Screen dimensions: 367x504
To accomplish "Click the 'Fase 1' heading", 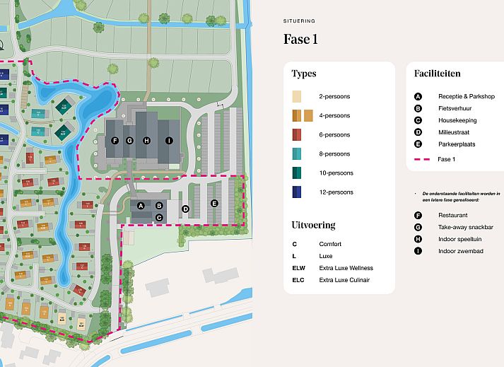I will tap(300, 39).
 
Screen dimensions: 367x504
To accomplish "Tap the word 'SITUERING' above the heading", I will tap(299, 21).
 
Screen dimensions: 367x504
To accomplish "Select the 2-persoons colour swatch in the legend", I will tap(298, 96).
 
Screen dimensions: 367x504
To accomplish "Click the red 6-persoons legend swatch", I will tap(298, 134).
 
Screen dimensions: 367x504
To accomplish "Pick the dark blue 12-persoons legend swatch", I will tap(298, 192).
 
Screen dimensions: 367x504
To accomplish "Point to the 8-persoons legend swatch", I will tap(298, 153).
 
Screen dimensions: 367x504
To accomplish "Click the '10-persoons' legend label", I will tap(336, 173).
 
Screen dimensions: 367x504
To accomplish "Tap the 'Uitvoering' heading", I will tap(313, 225).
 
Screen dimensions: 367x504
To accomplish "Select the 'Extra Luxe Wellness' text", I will tap(346, 268).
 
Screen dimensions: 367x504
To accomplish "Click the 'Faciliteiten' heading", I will tap(438, 73).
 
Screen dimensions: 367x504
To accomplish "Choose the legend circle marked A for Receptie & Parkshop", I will tap(418, 96).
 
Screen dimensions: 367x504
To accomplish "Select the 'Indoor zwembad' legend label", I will tap(461, 251).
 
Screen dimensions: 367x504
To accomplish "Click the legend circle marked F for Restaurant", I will tap(418, 215).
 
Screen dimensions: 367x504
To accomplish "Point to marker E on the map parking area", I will tap(215, 204).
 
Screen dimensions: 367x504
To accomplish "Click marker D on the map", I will tap(185, 209).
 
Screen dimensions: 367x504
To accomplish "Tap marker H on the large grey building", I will tap(146, 141).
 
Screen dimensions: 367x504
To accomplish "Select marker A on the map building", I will tap(141, 205).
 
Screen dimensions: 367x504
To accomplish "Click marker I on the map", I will tap(169, 141).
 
